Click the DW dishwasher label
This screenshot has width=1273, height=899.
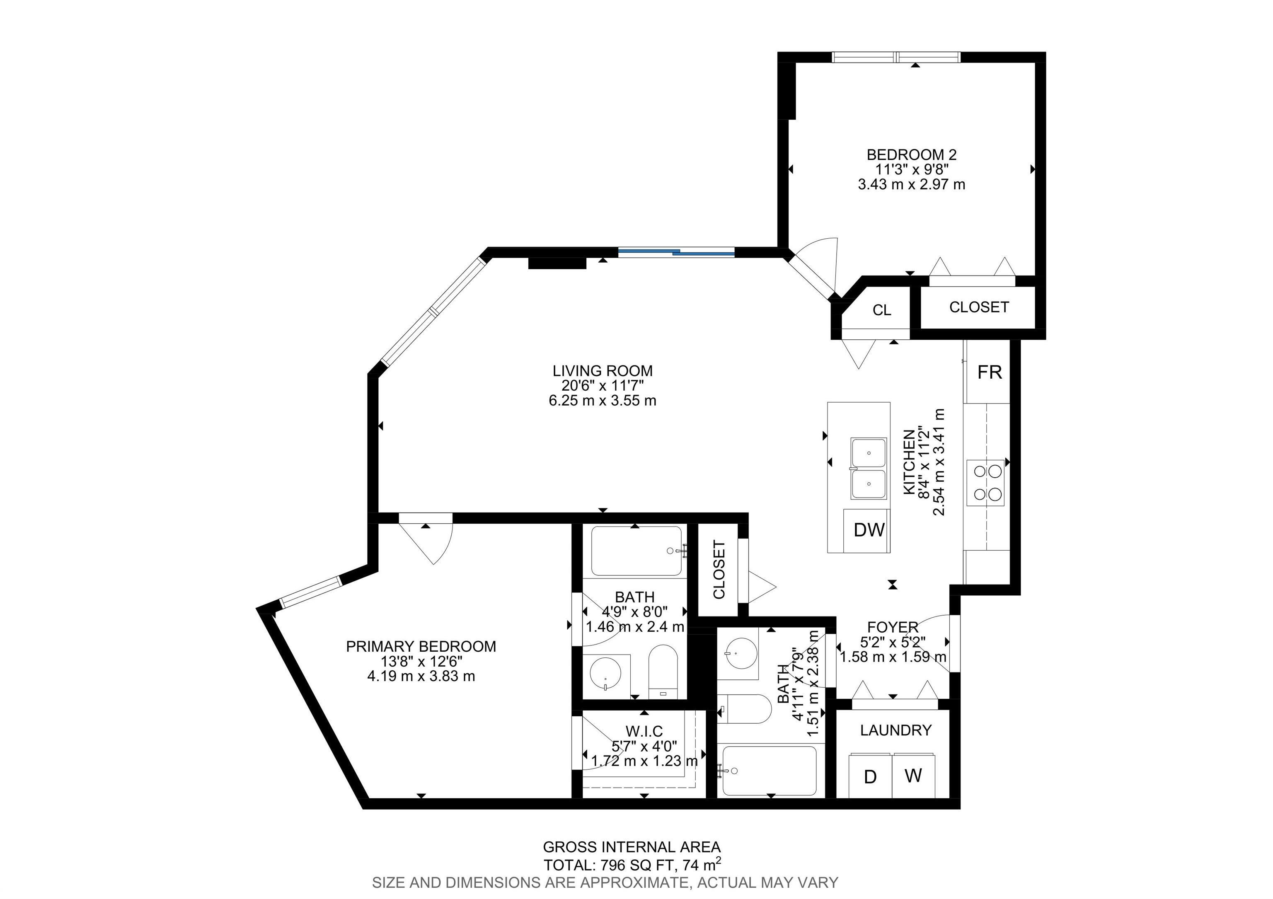tap(869, 530)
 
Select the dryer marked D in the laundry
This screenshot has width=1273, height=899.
tap(870, 777)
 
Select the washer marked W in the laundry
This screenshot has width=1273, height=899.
tap(913, 776)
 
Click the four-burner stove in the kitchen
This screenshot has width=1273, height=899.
tap(988, 482)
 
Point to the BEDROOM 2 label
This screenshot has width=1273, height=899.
tap(912, 155)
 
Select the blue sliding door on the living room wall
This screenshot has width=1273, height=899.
tap(676, 253)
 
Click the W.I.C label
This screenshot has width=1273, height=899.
tap(644, 732)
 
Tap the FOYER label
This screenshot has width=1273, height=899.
tap(893, 627)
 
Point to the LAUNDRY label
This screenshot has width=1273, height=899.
tap(895, 730)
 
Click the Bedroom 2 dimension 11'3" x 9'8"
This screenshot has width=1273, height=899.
tap(912, 169)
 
